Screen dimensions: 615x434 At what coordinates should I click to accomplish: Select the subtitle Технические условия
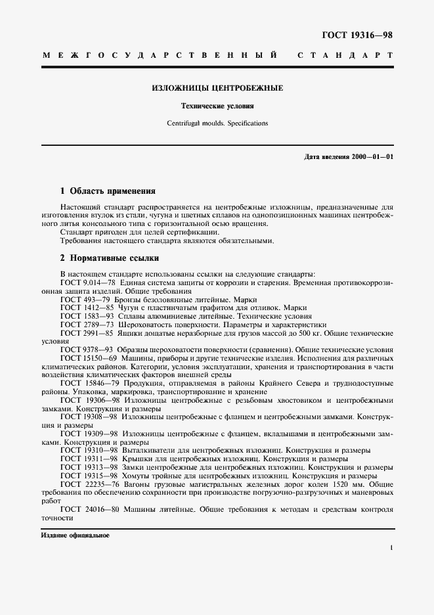coord(217,106)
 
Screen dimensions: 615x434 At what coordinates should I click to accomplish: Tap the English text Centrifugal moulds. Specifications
coord(217,123)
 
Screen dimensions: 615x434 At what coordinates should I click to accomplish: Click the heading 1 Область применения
coord(108,192)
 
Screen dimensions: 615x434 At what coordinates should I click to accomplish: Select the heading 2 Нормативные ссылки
coord(108,258)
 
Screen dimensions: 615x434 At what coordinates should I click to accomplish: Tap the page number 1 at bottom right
coord(391,547)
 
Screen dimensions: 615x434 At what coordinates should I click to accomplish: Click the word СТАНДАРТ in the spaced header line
coord(345,57)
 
